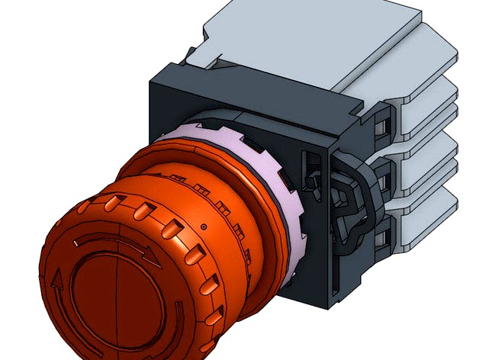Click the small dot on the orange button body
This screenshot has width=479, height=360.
tap(205, 227)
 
